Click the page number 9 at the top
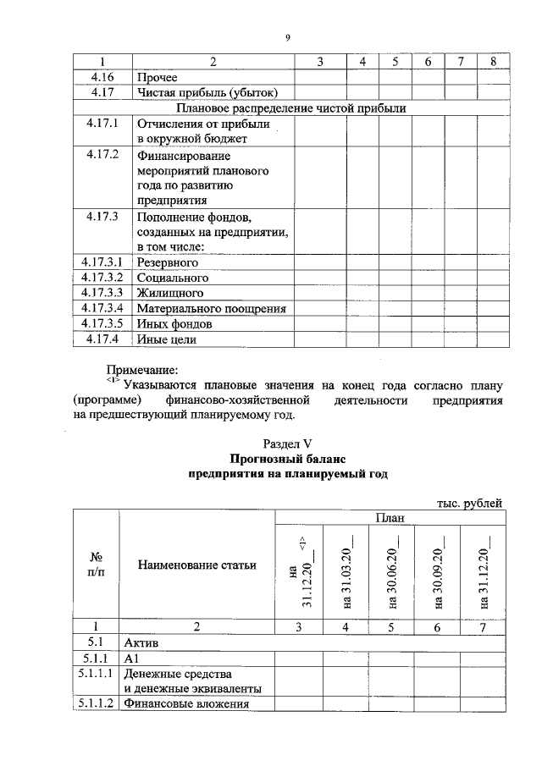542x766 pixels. pos(288,37)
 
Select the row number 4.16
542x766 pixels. pos(102,77)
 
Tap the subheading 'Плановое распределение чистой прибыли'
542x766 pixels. pos(290,108)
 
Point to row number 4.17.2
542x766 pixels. pos(102,155)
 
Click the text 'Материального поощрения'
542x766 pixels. pos(212,308)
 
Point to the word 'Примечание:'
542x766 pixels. pos(142,370)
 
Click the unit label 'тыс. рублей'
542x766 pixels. pos(469,503)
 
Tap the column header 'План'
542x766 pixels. pos(389,518)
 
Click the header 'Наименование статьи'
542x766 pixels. pos(196,565)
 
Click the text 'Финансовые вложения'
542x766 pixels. pos(186,703)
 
